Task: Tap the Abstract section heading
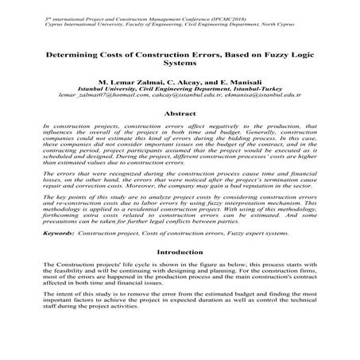(180, 114)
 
